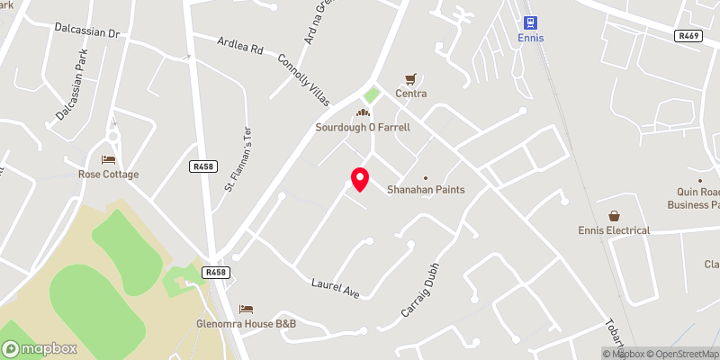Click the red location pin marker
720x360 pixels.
coord(359,179)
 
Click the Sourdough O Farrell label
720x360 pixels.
coord(363,127)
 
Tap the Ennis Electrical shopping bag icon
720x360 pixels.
coord(614,216)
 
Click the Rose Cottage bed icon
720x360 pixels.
coord(108,159)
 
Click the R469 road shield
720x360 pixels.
coord(688,36)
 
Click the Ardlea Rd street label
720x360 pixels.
coord(240,46)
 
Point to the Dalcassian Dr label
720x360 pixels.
coord(86,32)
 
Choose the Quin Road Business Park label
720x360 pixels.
coord(694,198)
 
